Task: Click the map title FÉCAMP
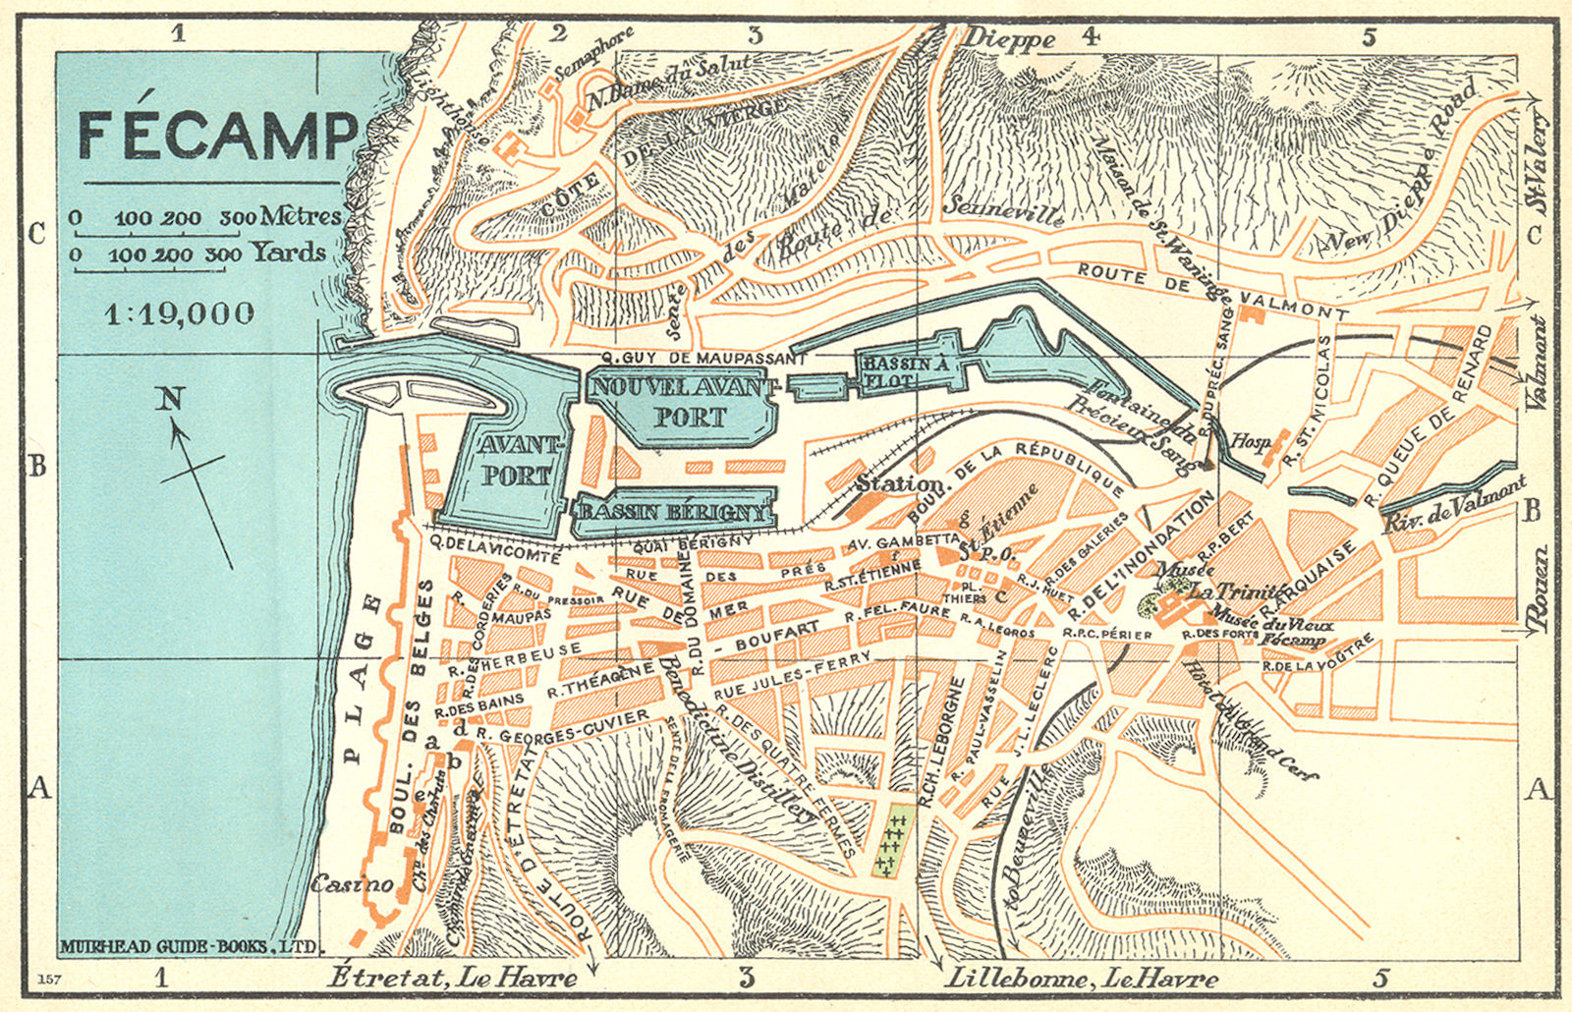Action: (218, 135)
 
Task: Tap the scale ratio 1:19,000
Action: (180, 313)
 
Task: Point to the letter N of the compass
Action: (171, 399)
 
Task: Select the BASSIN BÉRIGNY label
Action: (673, 513)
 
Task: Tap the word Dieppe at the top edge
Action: (1009, 39)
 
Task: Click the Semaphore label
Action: (593, 54)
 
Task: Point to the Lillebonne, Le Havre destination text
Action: (1081, 978)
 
